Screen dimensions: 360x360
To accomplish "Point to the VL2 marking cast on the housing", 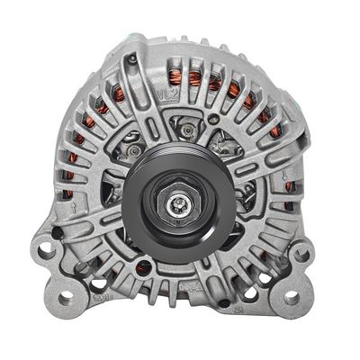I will (164, 92).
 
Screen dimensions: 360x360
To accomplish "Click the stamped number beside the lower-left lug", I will (103, 296).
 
